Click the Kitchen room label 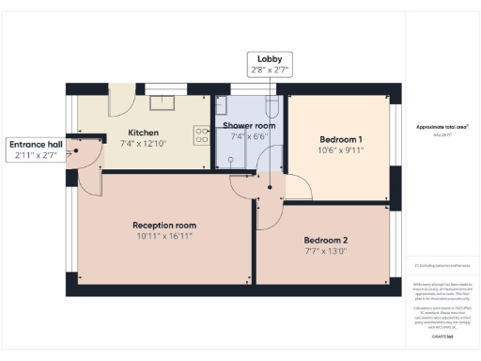(x=143, y=133)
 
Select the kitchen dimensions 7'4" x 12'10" (x=143, y=144)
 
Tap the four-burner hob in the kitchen (x=200, y=135)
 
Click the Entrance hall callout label (x=36, y=149)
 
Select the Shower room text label (x=248, y=126)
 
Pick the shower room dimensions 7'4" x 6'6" (x=248, y=137)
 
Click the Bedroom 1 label (x=341, y=139)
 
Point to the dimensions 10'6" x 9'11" (x=341, y=150)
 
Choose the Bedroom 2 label (x=325, y=239)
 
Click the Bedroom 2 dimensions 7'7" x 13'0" (x=325, y=250)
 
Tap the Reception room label (x=163, y=225)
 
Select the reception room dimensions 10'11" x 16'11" (x=163, y=236)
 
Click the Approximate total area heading (x=442, y=126)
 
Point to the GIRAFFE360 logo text (x=442, y=336)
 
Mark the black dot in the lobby (x=270, y=187)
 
